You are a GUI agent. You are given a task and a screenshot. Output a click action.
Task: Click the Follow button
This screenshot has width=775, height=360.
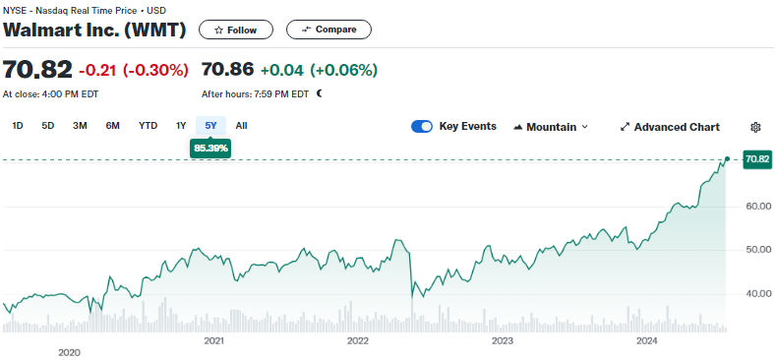236,30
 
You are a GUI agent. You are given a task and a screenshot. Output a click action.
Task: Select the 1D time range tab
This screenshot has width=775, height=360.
18,126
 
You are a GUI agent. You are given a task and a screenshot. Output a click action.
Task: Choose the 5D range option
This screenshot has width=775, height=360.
47,126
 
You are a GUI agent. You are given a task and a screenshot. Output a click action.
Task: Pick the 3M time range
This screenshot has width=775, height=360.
80,126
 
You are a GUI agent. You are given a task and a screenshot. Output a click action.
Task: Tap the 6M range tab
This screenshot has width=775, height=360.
113,126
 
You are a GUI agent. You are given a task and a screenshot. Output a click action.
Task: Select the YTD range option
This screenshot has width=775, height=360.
148,126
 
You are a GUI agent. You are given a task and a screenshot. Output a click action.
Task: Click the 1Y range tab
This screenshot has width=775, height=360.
181,126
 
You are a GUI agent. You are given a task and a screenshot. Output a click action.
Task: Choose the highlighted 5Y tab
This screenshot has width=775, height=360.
211,126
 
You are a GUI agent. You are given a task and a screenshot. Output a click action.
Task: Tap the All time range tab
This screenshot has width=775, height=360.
241,126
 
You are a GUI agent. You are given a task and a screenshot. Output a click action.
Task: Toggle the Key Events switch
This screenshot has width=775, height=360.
422,127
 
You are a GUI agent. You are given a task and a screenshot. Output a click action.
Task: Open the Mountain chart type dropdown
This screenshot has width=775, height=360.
551,127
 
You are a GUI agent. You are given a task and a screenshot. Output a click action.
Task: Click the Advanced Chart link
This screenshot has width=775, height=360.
670,127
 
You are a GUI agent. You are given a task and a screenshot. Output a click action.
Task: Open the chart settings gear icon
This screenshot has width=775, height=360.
755,127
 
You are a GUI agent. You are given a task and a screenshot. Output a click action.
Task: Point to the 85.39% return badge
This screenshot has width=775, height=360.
210,149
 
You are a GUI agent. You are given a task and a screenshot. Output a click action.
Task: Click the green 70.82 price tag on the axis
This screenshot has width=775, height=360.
757,159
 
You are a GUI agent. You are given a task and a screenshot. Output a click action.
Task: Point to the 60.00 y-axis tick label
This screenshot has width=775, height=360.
758,206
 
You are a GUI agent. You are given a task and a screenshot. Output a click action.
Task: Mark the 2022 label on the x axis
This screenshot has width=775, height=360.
358,341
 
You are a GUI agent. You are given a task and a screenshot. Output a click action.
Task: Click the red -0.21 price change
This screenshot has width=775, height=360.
97,70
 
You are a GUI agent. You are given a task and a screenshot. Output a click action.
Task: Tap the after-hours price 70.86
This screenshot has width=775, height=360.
227,69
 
